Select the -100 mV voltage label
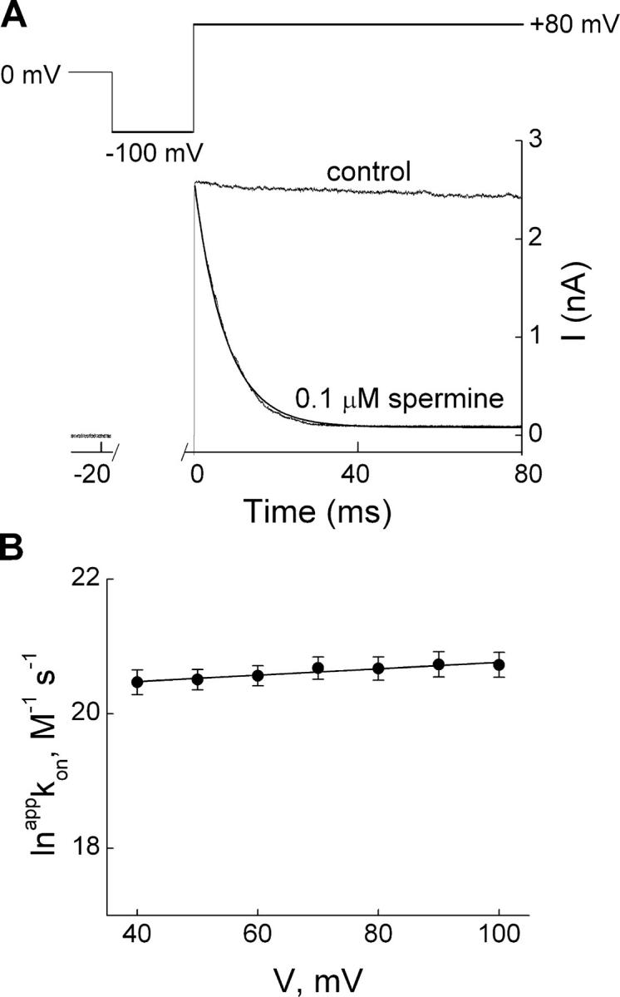click(153, 155)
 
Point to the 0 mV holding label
click(32, 74)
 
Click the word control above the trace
click(369, 173)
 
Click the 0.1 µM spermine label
click(400, 399)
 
